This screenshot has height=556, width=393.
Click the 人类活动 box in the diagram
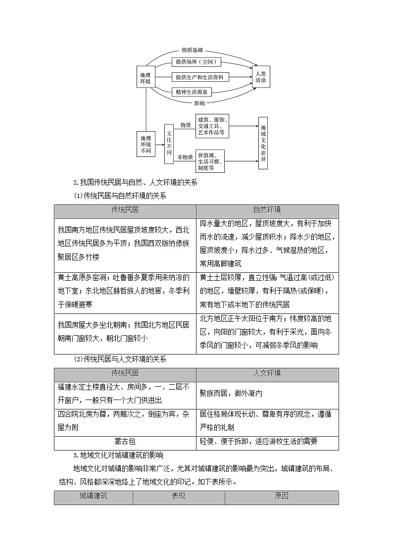click(261, 77)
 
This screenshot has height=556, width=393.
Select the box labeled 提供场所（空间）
click(196, 62)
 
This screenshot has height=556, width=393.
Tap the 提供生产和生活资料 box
click(200, 77)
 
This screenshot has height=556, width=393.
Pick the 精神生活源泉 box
click(192, 92)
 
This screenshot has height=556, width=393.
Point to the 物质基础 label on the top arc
click(192, 50)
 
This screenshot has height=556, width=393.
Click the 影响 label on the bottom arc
click(199, 103)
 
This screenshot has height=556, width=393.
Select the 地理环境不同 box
click(146, 144)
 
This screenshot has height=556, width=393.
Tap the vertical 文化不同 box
click(169, 144)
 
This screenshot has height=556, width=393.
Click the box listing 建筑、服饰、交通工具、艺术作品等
click(212, 126)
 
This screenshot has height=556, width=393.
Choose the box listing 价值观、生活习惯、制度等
click(210, 161)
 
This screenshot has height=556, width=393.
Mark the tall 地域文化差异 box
click(263, 143)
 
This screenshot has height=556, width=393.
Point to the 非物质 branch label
click(185, 157)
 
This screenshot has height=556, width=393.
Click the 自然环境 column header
click(267, 210)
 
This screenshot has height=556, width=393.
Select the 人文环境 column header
click(267, 373)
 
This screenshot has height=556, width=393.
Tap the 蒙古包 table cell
click(125, 442)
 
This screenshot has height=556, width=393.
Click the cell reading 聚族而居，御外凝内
click(268, 393)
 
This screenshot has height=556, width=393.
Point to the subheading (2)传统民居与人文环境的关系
click(120, 359)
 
